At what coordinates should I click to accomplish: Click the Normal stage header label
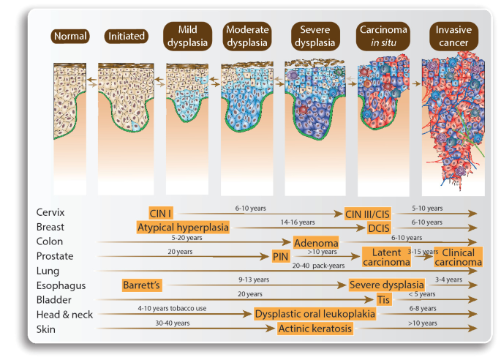[70, 36]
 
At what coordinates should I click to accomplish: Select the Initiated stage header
[126, 36]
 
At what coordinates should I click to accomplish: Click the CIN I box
[161, 213]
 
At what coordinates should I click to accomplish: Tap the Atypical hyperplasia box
[183, 228]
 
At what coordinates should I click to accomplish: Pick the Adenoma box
[314, 242]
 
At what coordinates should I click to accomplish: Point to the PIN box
[279, 257]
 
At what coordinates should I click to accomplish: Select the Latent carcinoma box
[382, 257]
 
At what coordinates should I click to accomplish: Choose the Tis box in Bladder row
[383, 300]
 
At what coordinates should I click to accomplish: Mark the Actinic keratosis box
[315, 329]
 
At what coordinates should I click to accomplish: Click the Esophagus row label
[59, 285]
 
